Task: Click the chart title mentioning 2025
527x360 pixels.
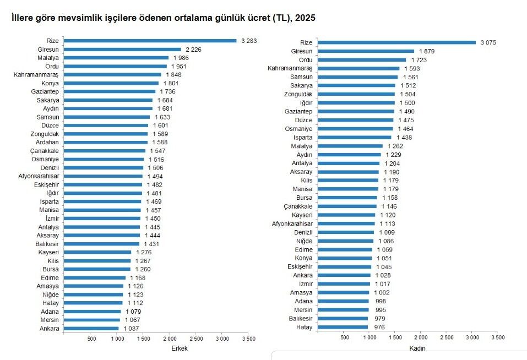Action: (x=163, y=19)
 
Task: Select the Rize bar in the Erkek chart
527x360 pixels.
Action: (x=150, y=41)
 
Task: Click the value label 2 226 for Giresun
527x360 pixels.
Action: (x=194, y=50)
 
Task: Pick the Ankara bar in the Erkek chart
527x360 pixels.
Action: (x=91, y=329)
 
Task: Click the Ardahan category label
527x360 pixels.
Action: (x=47, y=142)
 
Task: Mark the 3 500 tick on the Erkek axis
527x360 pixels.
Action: (x=248, y=338)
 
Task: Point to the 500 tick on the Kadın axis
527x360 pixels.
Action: (x=345, y=336)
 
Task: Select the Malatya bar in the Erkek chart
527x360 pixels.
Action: (x=116, y=58)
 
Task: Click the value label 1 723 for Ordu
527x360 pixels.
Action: (x=420, y=59)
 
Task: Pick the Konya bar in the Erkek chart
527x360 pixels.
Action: (x=111, y=83)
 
